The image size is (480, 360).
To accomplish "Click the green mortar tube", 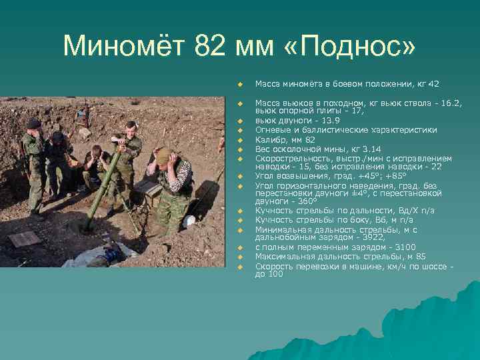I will pos(103,187).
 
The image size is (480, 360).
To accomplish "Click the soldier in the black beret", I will pos(33,160).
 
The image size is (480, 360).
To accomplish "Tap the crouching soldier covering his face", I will pos(97,167).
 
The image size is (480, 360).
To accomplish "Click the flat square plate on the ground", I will pos(25,238).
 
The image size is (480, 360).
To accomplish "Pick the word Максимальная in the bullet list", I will pos(284,257).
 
